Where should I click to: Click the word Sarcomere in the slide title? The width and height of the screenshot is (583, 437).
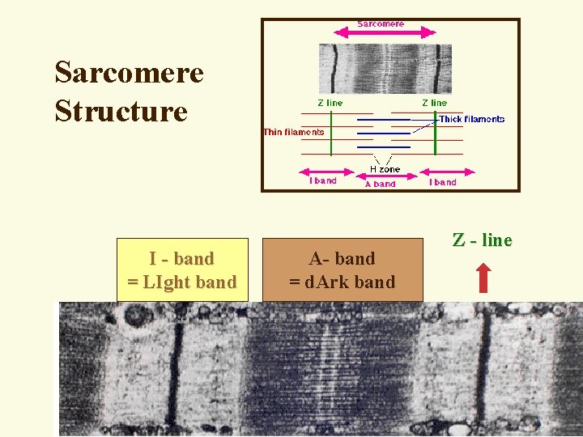(129, 73)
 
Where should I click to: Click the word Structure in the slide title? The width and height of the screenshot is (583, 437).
(121, 110)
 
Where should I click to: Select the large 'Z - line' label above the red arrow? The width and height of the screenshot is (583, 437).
(483, 240)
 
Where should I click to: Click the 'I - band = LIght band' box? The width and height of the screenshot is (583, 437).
(182, 270)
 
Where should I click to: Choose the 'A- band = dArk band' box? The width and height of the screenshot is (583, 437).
(342, 270)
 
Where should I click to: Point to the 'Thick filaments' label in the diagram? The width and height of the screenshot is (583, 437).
(471, 119)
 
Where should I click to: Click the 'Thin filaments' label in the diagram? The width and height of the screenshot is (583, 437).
(294, 132)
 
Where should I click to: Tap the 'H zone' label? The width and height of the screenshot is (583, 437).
(385, 169)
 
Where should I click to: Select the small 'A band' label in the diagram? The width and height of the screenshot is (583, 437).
(381, 184)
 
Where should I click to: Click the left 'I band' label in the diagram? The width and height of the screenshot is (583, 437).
(323, 181)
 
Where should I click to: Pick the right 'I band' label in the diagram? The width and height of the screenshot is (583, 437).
(442, 182)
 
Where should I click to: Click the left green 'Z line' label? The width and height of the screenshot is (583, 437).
(330, 103)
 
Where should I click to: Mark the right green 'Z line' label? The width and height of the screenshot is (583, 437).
(434, 103)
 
